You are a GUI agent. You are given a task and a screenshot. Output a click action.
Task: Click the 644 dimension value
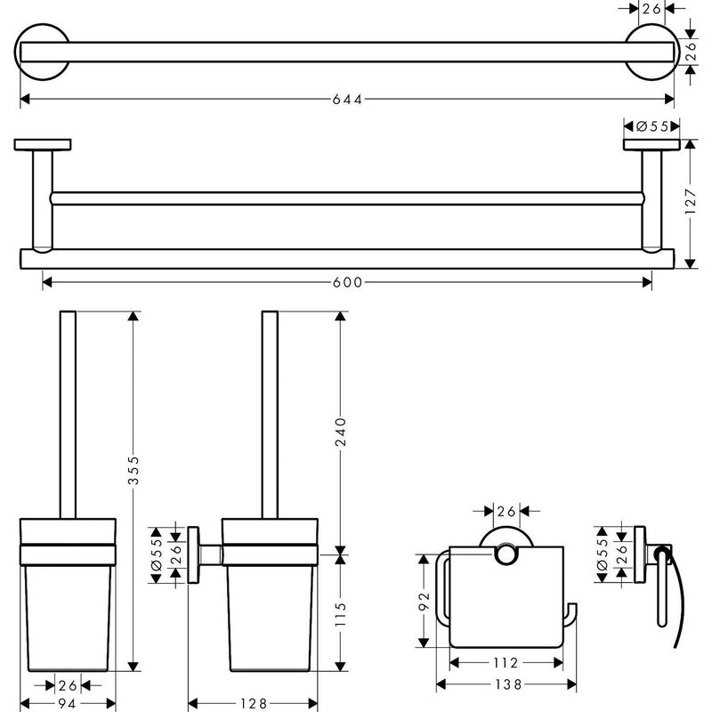pos(347,100)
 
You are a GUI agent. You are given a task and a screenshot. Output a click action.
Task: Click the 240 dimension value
pos(342,433)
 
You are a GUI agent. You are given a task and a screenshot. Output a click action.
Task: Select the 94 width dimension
pos(66,703)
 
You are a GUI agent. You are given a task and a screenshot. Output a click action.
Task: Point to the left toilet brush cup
pos(68,614)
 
